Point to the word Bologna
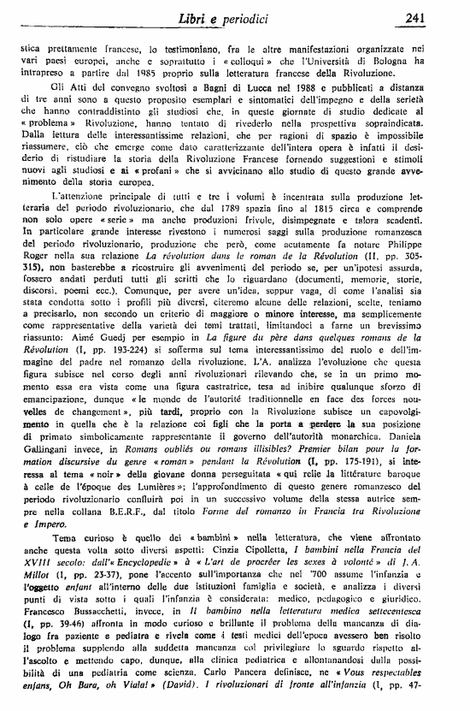(402, 62)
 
